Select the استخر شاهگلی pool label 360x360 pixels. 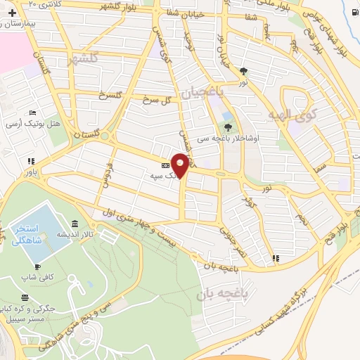click(x=28, y=235)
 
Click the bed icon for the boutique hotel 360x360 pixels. click(x=32, y=113)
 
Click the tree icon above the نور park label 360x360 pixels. click(x=243, y=71)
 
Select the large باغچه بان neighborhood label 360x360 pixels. click(x=221, y=295)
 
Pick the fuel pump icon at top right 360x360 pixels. click(x=351, y=12)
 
